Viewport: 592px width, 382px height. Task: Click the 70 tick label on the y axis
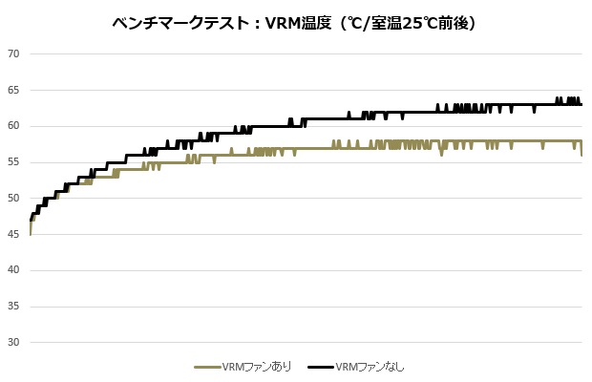pyautogui.click(x=13, y=53)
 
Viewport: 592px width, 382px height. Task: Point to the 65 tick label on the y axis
pyautogui.click(x=13, y=90)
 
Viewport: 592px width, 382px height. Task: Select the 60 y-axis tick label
pyautogui.click(x=13, y=126)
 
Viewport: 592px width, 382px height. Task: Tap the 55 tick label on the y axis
pyautogui.click(x=13, y=162)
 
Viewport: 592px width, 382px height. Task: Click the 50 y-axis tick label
pyautogui.click(x=13, y=198)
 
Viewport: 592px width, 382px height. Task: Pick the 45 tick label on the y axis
pyautogui.click(x=13, y=234)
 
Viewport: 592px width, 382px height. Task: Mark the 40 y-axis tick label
pyautogui.click(x=13, y=270)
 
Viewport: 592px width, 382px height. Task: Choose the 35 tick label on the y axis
pyautogui.click(x=13, y=307)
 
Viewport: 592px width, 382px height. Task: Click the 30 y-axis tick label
pyautogui.click(x=13, y=342)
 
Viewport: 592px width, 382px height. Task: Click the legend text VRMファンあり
pyautogui.click(x=256, y=367)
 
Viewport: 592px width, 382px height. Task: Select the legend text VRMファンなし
pyautogui.click(x=370, y=367)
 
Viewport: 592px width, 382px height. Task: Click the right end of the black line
pyautogui.click(x=581, y=104)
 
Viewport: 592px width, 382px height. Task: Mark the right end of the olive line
pyautogui.click(x=581, y=154)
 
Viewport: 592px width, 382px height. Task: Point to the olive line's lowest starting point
pyautogui.click(x=31, y=234)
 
